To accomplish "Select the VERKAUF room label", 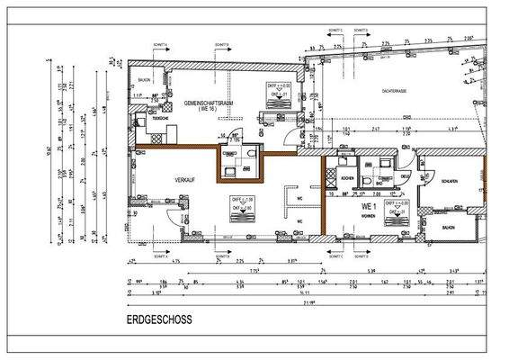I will click(186, 181).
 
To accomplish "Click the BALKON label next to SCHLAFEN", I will click(448, 227).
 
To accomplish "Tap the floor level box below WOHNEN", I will click(396, 206).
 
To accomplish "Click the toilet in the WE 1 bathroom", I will click(371, 180).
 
